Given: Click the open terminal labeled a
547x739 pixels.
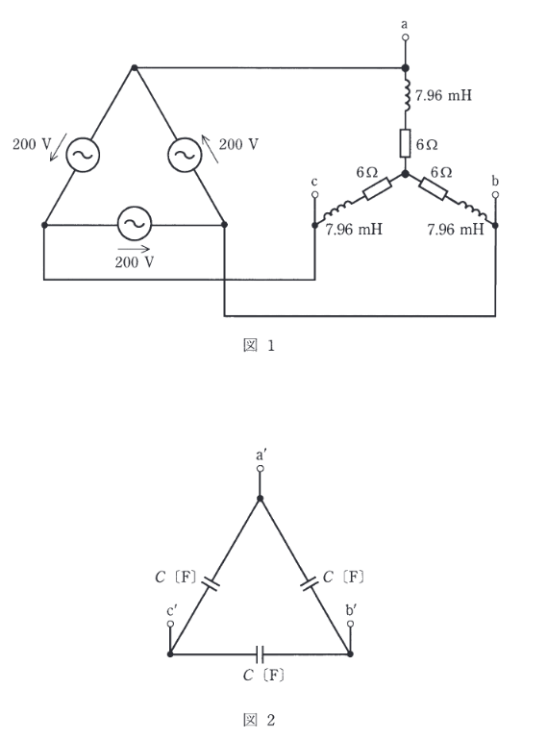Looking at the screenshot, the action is (405, 37).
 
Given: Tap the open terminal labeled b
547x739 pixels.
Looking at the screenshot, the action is (495, 194).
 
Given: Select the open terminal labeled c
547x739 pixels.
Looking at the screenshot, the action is (315, 194).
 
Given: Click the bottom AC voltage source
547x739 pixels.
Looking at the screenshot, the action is (135, 223).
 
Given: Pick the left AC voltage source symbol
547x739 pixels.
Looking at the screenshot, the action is (83, 155).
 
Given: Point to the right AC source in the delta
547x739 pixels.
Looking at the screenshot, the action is (185, 155).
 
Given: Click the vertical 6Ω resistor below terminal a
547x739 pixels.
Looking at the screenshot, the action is (405, 143).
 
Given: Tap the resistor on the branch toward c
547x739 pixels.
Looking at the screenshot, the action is (377, 188).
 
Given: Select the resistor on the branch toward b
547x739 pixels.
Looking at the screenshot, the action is (433, 189).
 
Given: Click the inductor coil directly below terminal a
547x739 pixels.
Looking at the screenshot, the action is (406, 97).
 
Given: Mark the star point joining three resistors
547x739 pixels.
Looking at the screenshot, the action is (405, 174).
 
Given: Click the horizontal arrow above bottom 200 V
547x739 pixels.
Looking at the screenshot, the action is (134, 249).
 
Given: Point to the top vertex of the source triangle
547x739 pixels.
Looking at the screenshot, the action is (135, 68).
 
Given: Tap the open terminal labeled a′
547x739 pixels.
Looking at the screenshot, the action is (260, 468).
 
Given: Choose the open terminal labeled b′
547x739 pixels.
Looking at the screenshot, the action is (350, 624).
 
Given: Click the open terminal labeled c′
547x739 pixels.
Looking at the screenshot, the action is (170, 624).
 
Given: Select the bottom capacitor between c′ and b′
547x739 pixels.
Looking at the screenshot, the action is (260, 654).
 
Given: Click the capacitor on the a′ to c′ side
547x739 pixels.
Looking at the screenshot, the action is (211, 583).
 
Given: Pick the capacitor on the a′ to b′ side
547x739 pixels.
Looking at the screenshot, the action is (310, 583).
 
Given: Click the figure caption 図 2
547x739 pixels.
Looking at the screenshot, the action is (259, 720).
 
